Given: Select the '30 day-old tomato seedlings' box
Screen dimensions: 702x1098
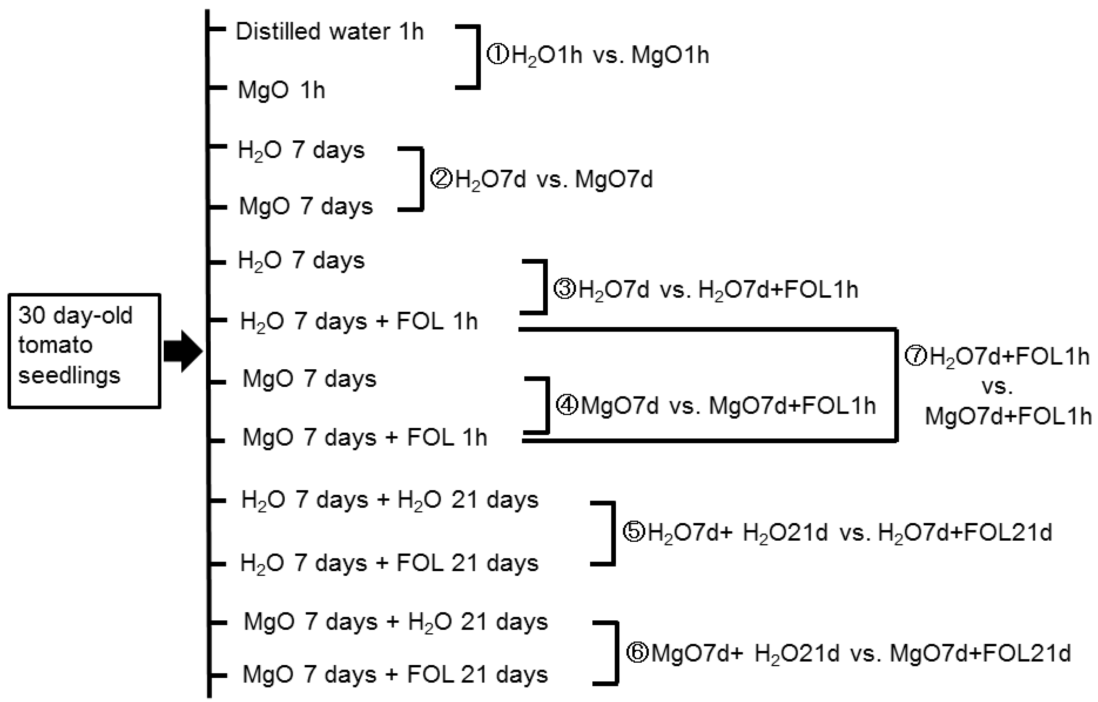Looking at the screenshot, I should [x=84, y=351].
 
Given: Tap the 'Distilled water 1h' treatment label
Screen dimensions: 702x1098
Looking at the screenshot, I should [x=330, y=32].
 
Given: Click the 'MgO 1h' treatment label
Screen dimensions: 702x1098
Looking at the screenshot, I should [x=281, y=90].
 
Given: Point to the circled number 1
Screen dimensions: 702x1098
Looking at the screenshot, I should [x=497, y=55].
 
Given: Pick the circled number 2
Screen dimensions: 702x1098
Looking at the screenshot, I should [x=441, y=179].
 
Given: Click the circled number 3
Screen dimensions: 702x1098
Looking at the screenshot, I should [x=564, y=289].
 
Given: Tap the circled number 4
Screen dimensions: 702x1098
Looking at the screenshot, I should [x=567, y=405].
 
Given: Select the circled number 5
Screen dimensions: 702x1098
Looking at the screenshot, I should [x=634, y=532].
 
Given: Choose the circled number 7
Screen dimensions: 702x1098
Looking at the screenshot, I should [x=916, y=356].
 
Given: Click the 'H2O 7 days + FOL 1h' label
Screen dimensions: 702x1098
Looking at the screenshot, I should [x=359, y=321].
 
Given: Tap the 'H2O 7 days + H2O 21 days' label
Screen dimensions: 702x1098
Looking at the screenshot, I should [x=390, y=500].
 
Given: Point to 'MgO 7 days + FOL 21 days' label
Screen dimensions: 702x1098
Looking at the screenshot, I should [x=395, y=675].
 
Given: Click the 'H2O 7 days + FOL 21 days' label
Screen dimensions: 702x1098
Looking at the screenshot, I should [x=389, y=564].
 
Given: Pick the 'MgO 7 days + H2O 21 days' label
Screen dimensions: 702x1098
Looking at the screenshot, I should [x=396, y=622].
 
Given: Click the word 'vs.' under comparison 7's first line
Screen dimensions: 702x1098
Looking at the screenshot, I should [x=997, y=386].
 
